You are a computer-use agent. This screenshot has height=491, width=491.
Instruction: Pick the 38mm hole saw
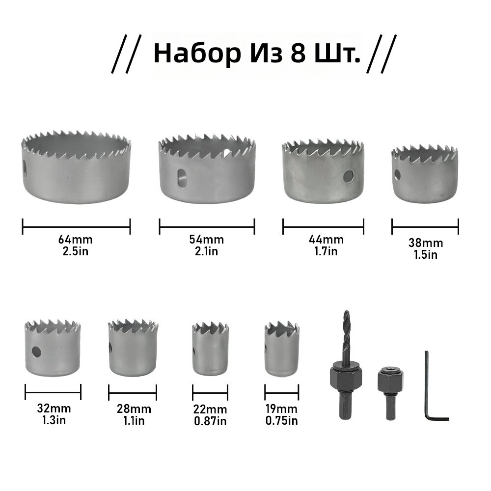425,174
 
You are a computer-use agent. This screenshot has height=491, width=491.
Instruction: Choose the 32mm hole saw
53,348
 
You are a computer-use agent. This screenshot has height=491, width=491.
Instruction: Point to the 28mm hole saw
133,348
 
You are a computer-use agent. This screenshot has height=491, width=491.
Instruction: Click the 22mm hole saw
210,349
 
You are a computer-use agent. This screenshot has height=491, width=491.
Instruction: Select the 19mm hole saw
281,349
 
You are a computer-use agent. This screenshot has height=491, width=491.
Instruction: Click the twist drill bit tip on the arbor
346,312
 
